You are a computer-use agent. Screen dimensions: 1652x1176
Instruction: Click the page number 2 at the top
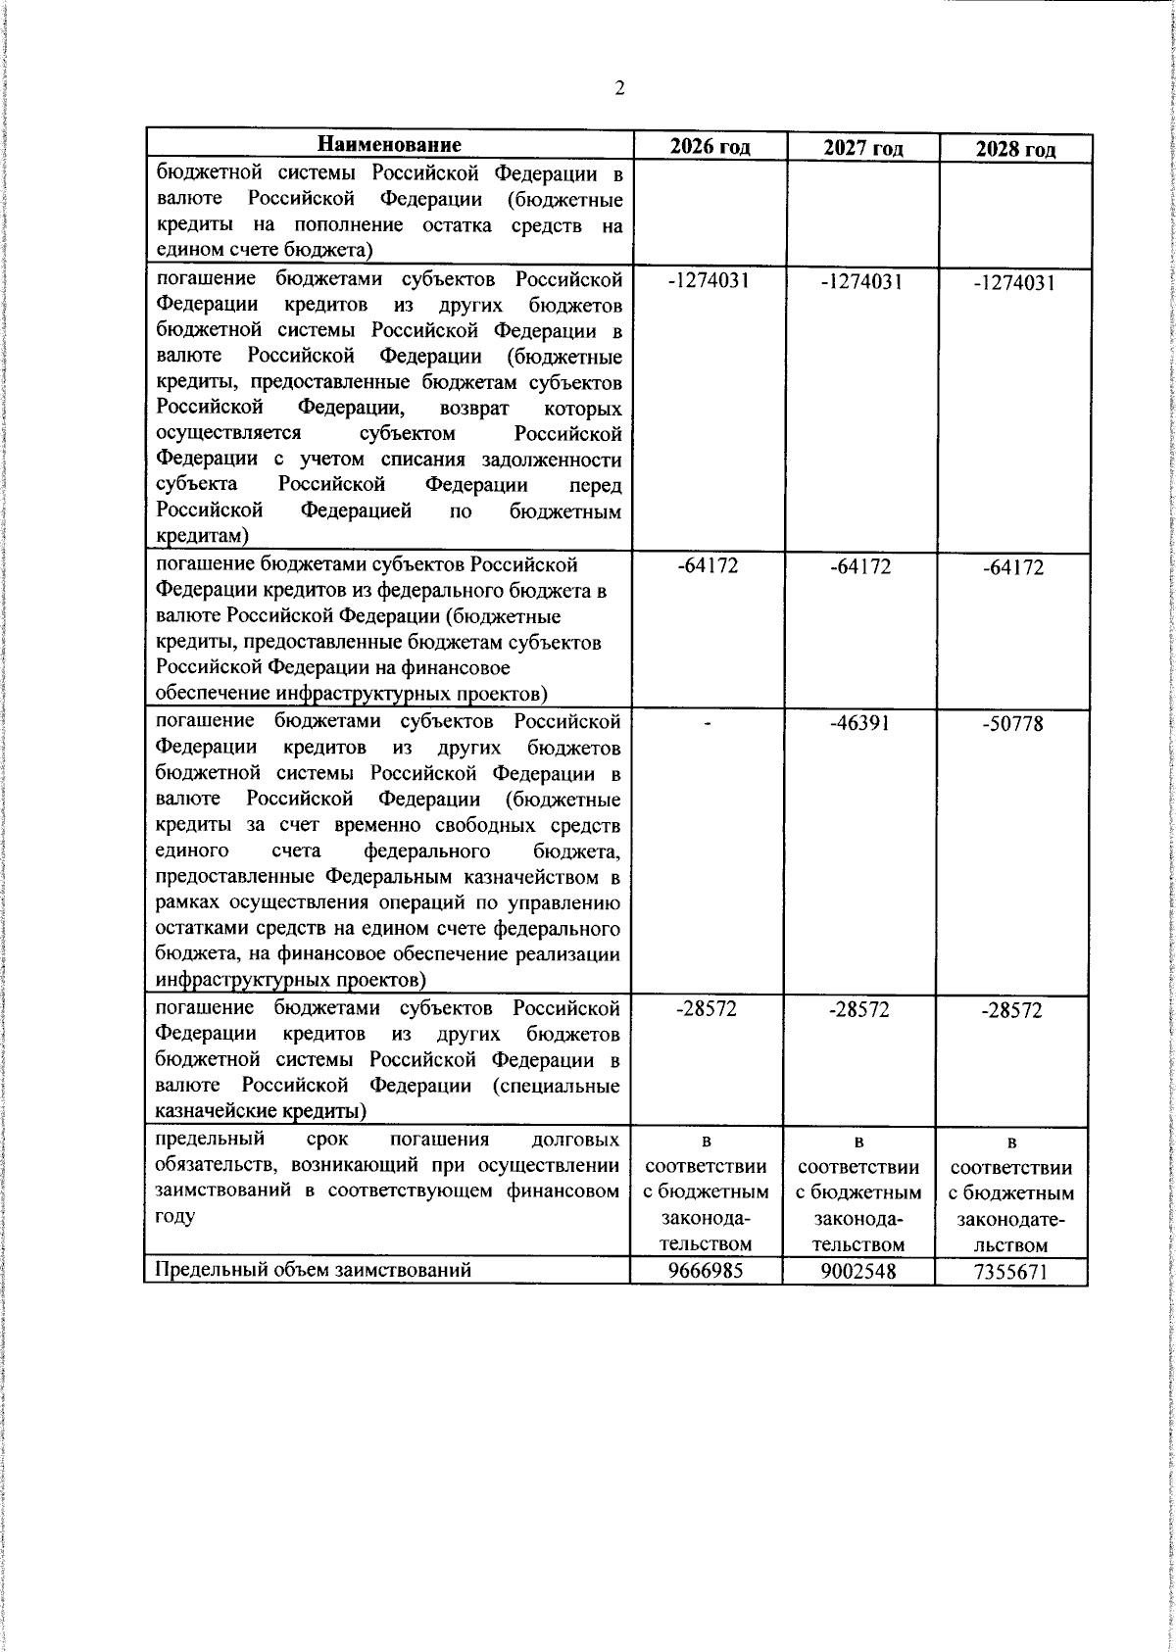(618, 89)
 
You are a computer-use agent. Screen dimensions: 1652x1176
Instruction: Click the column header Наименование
(389, 145)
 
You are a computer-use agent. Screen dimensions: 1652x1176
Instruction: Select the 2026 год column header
(710, 147)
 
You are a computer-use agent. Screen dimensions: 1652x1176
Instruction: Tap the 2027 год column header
(862, 148)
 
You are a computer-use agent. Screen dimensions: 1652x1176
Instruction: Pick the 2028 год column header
(1015, 149)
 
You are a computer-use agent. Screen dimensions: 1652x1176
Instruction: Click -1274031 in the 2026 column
(709, 280)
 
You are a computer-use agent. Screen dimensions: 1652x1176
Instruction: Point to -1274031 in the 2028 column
(1014, 282)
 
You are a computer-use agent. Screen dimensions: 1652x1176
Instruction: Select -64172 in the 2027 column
(860, 567)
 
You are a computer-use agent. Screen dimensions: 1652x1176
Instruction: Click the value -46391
(860, 723)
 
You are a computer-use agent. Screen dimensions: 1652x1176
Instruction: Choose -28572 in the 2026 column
(707, 1009)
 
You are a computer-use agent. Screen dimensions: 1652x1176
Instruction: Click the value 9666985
(707, 1271)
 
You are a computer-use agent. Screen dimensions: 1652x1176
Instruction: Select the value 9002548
(859, 1272)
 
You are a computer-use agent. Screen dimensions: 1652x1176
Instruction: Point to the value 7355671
(1012, 1273)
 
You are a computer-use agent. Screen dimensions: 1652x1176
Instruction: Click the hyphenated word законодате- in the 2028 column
(1012, 1221)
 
